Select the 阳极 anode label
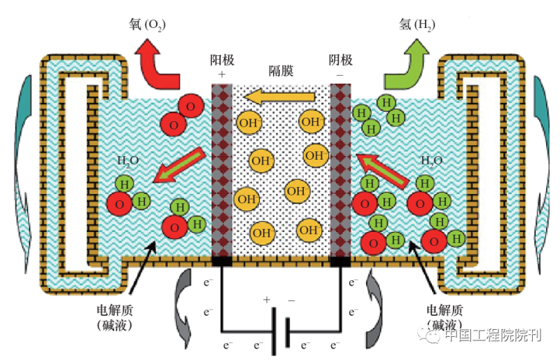[221, 60]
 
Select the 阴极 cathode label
[340, 60]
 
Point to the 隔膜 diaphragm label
[281, 71]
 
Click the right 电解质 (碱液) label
[445, 317]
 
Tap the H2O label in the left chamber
[128, 160]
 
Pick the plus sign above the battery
[267, 300]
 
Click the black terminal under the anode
[222, 262]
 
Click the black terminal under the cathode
[340, 262]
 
